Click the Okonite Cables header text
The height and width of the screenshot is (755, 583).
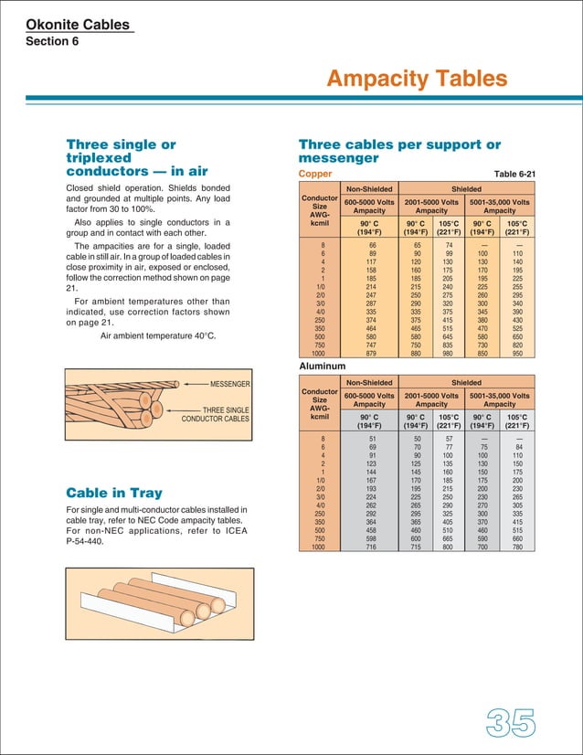(79, 25)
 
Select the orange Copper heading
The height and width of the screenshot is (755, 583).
(315, 173)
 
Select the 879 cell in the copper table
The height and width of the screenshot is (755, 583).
(370, 353)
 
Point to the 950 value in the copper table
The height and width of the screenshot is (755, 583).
(517, 353)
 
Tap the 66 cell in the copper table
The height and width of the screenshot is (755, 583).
(372, 246)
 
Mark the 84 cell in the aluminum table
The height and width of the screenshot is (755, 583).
(517, 447)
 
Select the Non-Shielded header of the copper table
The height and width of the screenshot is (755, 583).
(369, 189)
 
